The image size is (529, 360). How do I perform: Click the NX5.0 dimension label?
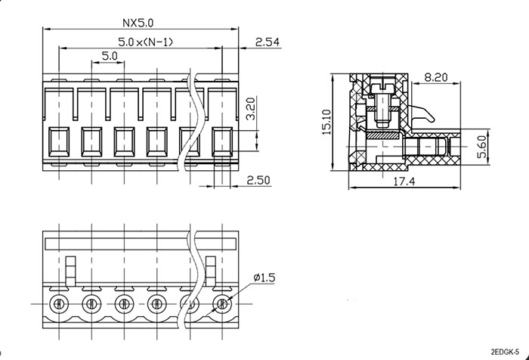click(138, 23)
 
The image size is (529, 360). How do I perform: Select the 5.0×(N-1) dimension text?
click(145, 42)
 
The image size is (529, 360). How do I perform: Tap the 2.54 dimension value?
click(268, 42)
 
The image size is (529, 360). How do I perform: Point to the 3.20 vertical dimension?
click(250, 108)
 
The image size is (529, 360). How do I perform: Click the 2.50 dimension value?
click(258, 180)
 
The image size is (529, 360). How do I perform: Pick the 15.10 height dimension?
click(326, 122)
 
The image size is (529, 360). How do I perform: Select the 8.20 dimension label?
click(436, 78)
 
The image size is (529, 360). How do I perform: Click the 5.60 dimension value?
click(482, 147)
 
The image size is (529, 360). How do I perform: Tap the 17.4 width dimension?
click(404, 182)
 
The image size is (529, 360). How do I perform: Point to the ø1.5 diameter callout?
click(264, 278)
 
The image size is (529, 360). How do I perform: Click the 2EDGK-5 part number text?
click(505, 352)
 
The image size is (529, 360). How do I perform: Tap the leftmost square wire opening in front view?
click(59, 142)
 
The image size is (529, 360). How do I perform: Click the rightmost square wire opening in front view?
click(222, 142)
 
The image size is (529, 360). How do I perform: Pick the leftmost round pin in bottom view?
click(59, 304)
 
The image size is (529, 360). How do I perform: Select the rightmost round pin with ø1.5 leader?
click(222, 304)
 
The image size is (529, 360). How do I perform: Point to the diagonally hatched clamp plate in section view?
click(382, 135)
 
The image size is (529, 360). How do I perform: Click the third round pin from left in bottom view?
click(125, 304)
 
